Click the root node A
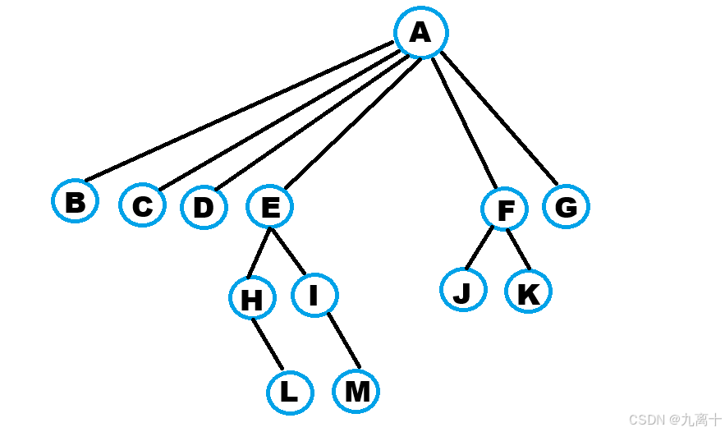(x=420, y=33)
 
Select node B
(x=76, y=201)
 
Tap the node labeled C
(x=142, y=205)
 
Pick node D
(x=204, y=207)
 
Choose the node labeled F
(x=506, y=210)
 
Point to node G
(x=566, y=206)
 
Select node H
(x=251, y=299)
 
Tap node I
(x=314, y=295)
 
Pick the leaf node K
(x=528, y=292)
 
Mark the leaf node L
(x=289, y=393)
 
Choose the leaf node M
(x=356, y=391)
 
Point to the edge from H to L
(x=268, y=344)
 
